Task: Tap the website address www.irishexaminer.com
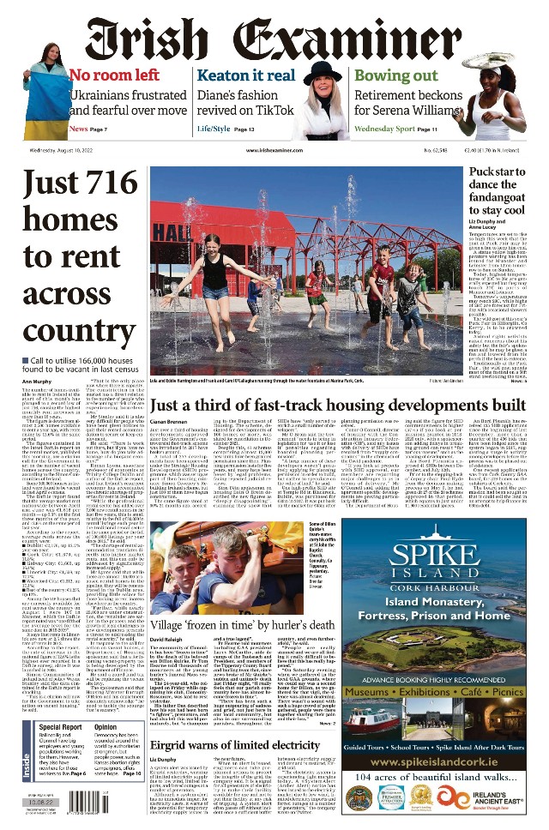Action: pos(258,150)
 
